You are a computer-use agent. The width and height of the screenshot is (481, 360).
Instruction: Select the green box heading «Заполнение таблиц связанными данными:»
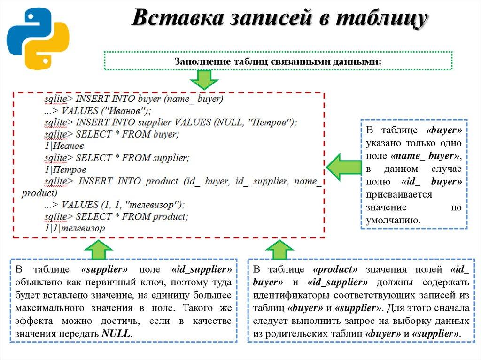(278, 61)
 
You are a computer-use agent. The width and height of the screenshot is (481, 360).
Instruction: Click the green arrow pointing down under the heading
(204, 79)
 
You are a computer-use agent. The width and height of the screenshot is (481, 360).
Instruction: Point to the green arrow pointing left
(342, 167)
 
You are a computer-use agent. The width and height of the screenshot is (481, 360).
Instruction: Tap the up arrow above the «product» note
(279, 250)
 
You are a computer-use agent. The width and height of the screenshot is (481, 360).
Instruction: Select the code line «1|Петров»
(66, 169)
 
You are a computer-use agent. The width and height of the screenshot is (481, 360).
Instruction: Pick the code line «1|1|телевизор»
(75, 228)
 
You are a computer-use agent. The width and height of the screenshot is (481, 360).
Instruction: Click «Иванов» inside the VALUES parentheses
(125, 111)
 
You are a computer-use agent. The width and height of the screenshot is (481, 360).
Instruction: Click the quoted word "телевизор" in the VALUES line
(155, 205)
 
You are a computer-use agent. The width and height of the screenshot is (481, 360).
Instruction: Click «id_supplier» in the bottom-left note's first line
(202, 270)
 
